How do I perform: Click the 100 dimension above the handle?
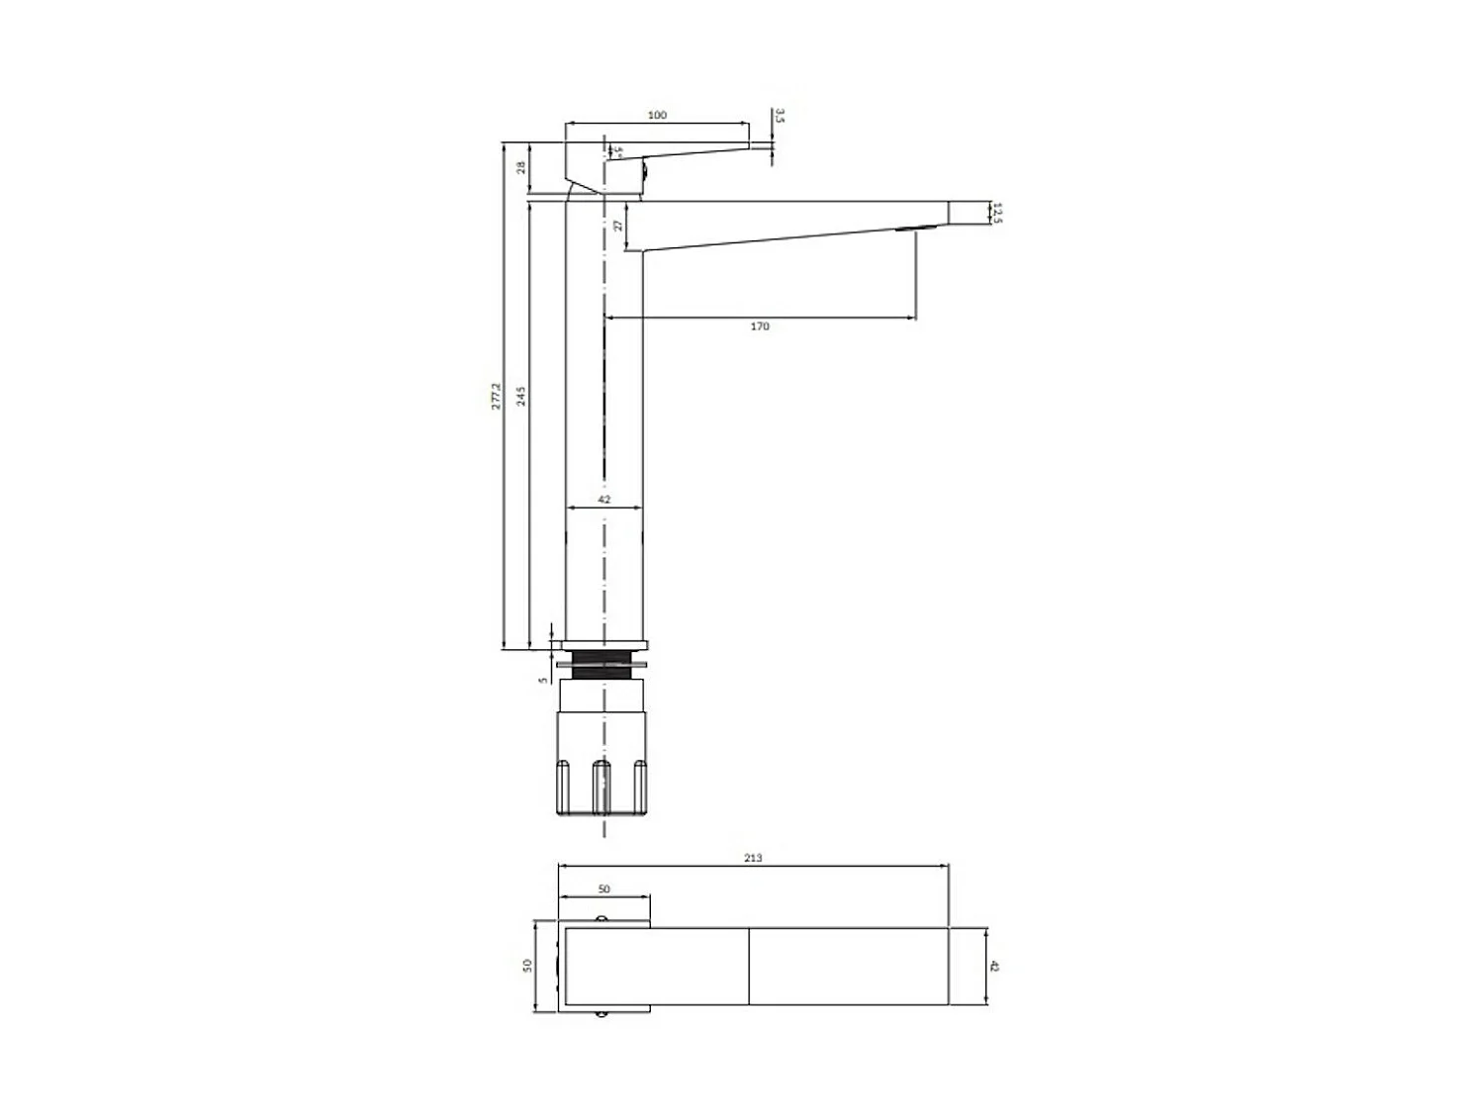(657, 116)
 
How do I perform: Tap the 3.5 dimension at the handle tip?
(780, 117)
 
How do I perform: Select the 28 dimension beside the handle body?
(520, 168)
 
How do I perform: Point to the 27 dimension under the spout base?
(618, 226)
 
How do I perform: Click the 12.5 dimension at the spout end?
(997, 214)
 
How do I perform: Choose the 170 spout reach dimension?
(759, 326)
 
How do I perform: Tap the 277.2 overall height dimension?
(497, 397)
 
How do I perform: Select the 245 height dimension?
(520, 397)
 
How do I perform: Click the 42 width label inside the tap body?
(603, 500)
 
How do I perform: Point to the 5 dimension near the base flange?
(542, 680)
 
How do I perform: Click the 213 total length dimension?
(753, 858)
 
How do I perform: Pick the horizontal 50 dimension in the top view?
(603, 889)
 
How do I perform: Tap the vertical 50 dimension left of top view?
(527, 966)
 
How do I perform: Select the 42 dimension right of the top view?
(994, 966)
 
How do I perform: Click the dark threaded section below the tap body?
(603, 665)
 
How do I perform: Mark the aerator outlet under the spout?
(914, 231)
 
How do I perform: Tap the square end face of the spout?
(969, 213)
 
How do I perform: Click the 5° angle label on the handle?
(617, 152)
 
